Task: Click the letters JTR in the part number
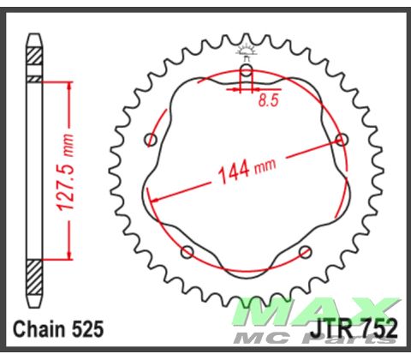(323, 329)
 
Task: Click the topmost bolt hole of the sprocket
(247, 70)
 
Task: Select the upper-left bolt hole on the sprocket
(152, 140)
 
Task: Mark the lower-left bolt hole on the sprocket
(188, 251)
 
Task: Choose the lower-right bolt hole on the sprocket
(306, 251)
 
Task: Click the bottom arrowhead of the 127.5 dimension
(68, 255)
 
